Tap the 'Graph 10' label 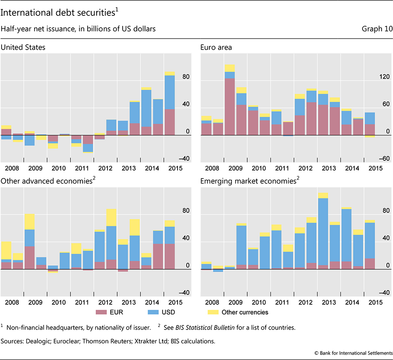coord(377,29)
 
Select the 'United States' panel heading coord(23,47)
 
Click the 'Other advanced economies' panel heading coord(50,181)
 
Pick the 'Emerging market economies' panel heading coord(248,181)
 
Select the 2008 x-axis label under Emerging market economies coord(212,302)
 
